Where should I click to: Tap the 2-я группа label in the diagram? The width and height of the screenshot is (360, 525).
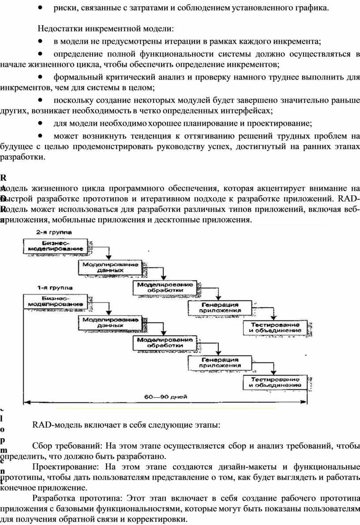(x=54, y=231)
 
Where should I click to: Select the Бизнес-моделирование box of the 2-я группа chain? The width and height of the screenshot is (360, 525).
(x=55, y=246)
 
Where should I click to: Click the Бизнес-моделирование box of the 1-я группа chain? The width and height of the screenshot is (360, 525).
(x=55, y=301)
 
